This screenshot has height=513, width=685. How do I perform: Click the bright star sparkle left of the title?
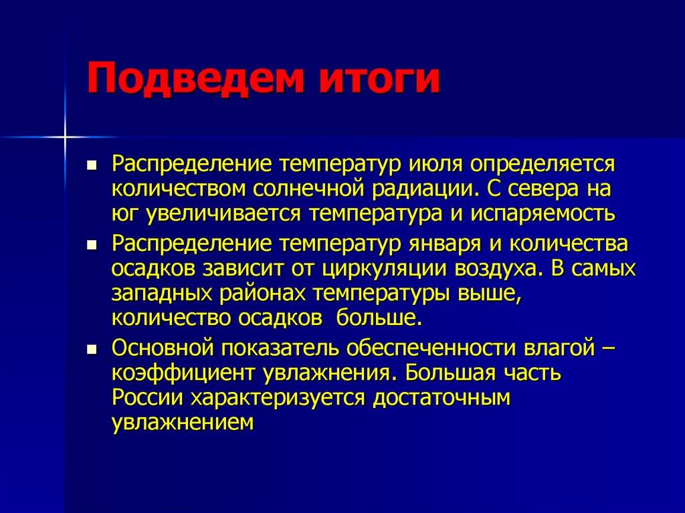click(x=66, y=137)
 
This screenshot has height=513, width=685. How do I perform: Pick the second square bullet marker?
click(x=92, y=244)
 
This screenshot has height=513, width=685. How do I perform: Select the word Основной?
click(x=163, y=348)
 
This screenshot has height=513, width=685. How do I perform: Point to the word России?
click(x=148, y=398)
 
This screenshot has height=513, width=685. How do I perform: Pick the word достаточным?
click(x=442, y=398)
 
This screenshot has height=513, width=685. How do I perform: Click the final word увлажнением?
click(x=183, y=423)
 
